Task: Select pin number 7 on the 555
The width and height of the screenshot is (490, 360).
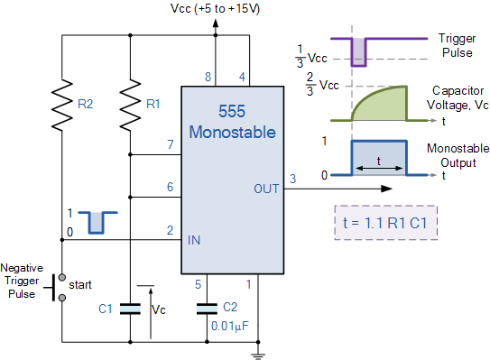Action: pos(169,144)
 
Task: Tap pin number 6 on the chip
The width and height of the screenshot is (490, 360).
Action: pos(169,186)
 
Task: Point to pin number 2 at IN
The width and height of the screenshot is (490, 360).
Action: pos(169,230)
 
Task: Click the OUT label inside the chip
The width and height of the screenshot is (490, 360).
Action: pos(266,189)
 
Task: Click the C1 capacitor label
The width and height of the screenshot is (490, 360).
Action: pos(106,309)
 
